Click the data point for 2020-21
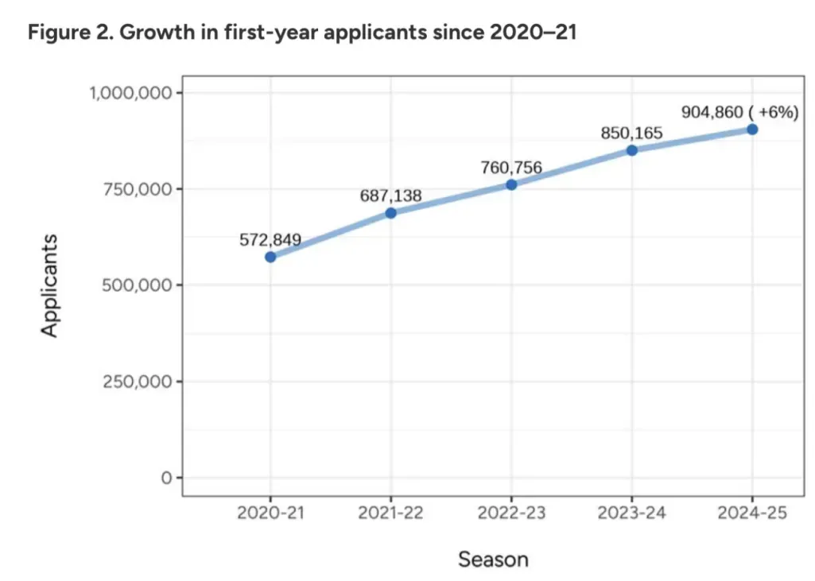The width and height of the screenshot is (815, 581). (270, 257)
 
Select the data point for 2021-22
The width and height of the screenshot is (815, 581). (391, 213)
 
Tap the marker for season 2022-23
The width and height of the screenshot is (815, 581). (511, 184)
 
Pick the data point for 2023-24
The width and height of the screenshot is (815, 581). (632, 150)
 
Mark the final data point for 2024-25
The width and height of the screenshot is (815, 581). (752, 130)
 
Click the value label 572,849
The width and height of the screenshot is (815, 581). (270, 239)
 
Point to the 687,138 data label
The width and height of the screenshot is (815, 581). (391, 196)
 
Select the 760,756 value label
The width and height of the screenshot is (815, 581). (511, 168)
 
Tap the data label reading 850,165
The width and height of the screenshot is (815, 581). (632, 133)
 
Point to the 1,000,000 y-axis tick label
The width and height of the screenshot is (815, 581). (130, 93)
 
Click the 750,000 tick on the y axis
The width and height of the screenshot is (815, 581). (137, 189)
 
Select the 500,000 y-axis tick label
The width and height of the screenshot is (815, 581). (137, 285)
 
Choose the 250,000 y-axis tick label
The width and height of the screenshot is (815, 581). (137, 382)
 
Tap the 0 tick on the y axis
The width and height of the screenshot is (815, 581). (166, 478)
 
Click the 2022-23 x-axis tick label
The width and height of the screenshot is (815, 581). (511, 513)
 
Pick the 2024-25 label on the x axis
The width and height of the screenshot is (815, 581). (752, 513)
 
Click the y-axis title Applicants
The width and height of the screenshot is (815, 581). (49, 286)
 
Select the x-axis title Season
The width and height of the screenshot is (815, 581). (493, 560)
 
